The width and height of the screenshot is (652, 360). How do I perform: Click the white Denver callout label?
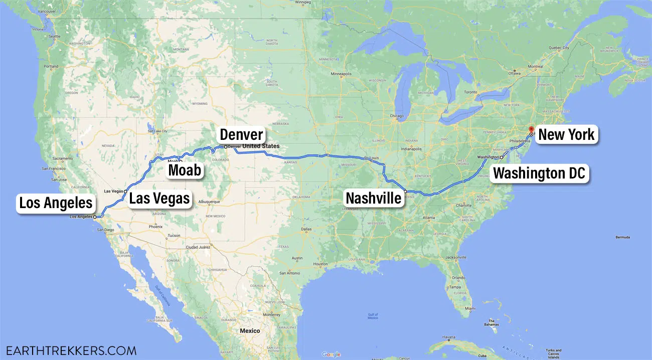click(241, 135)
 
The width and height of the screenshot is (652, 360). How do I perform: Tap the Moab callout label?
click(185, 170)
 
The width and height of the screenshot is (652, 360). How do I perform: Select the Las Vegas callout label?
click(159, 199)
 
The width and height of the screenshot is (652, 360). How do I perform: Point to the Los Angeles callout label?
click(56, 203)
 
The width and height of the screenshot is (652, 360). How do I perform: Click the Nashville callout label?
click(374, 198)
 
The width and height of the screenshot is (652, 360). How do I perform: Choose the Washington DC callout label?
click(539, 174)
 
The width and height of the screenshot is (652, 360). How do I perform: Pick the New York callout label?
click(566, 134)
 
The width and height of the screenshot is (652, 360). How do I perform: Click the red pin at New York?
click(531, 130)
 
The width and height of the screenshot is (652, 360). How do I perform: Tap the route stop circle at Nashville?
click(405, 192)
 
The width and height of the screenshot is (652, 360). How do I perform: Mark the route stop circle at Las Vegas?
click(125, 192)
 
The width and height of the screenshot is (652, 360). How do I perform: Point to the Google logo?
click(331, 354)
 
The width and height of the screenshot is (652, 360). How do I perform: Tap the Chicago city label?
click(397, 116)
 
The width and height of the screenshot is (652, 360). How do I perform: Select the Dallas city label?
click(306, 230)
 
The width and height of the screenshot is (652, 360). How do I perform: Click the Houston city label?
click(320, 264)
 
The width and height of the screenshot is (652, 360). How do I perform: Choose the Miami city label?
click(469, 308)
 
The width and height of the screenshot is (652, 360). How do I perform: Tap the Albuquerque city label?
click(210, 202)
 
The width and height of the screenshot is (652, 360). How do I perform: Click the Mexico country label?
click(250, 331)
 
